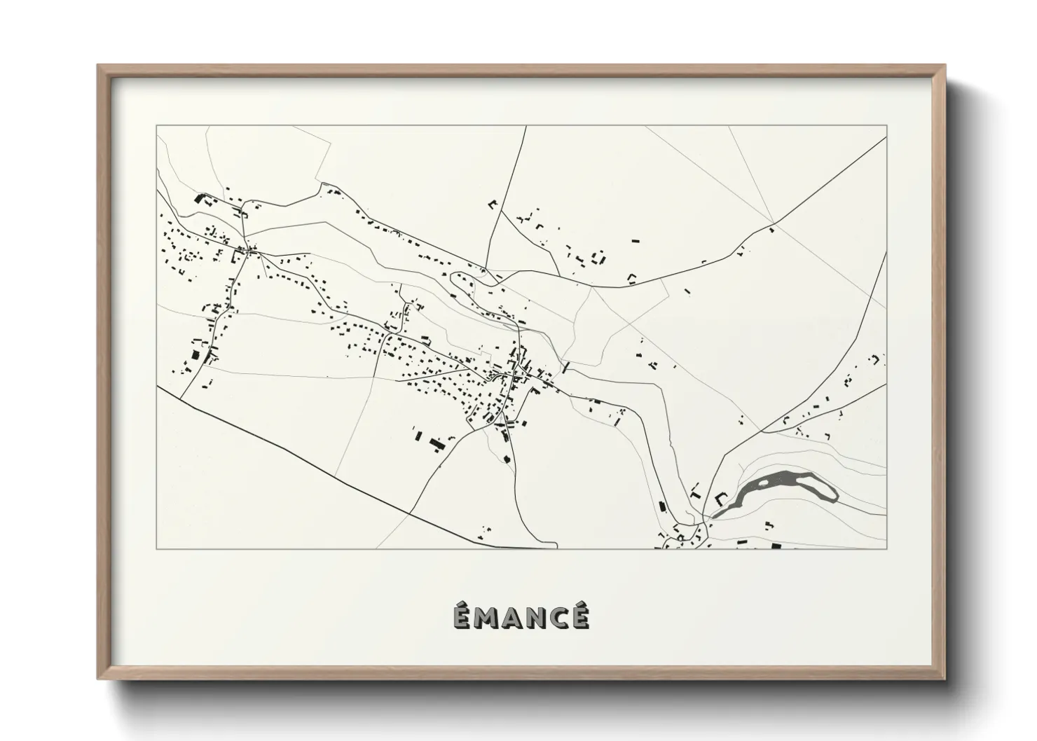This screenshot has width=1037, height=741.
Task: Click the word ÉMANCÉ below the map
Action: (x=519, y=617)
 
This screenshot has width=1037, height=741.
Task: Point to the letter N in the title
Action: (x=537, y=618)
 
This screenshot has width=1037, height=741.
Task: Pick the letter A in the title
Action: (x=511, y=618)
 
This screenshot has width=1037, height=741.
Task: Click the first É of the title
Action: (x=460, y=616)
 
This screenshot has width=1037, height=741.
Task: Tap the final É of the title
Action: (x=579, y=616)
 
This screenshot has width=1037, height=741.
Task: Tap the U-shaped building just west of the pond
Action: (x=722, y=500)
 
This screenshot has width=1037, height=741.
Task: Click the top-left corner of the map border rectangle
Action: (x=156, y=126)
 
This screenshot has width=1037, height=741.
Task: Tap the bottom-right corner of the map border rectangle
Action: (x=887, y=549)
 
